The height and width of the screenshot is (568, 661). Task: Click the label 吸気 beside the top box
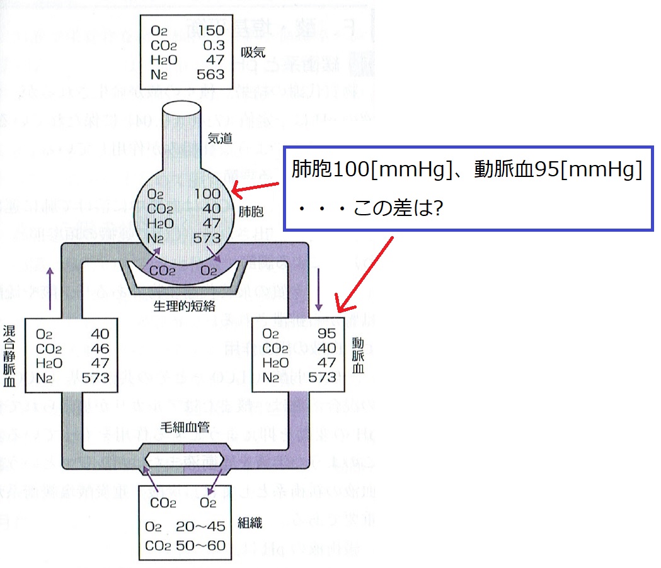[x=252, y=52]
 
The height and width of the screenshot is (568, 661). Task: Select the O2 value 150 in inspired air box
[x=211, y=31]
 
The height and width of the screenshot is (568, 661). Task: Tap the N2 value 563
[x=211, y=74]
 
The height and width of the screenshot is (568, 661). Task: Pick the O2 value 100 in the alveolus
[x=208, y=195]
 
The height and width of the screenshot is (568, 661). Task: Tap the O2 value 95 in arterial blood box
[x=326, y=334]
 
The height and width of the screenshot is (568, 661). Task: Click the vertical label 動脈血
[x=358, y=355]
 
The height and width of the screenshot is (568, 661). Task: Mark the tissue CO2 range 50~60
[x=203, y=545]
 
